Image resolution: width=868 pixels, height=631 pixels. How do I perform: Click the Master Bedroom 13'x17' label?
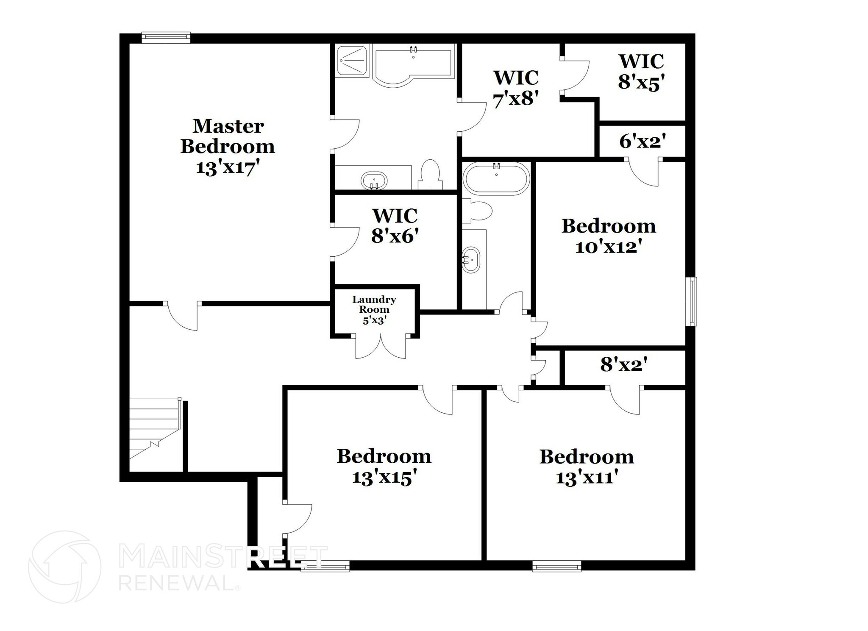pyautogui.click(x=228, y=146)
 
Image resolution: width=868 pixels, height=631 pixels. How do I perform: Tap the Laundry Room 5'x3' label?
pyautogui.click(x=374, y=310)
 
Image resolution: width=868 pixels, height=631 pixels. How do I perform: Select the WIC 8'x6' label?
pyautogui.click(x=395, y=225)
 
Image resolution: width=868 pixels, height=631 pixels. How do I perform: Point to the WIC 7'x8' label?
pyautogui.click(x=515, y=89)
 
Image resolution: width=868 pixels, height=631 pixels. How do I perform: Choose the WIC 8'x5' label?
pyautogui.click(x=641, y=72)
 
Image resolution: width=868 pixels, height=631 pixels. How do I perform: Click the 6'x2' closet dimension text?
pyautogui.click(x=642, y=142)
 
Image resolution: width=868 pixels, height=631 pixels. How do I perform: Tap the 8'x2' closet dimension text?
pyautogui.click(x=624, y=364)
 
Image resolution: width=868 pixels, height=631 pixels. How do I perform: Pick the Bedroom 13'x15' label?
pyautogui.click(x=384, y=467)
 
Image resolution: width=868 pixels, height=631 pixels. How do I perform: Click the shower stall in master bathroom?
pyautogui.click(x=352, y=61)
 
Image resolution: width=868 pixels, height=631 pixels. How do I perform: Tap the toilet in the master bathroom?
pyautogui.click(x=431, y=174)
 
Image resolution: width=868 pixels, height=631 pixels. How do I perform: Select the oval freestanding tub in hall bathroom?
pyautogui.click(x=496, y=178)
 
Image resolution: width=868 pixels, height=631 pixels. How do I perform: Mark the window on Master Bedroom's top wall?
pyautogui.click(x=166, y=38)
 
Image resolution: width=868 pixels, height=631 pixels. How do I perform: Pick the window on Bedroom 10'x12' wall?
pyautogui.click(x=691, y=301)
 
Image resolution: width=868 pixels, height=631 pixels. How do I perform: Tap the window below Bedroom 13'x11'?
pyautogui.click(x=556, y=566)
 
